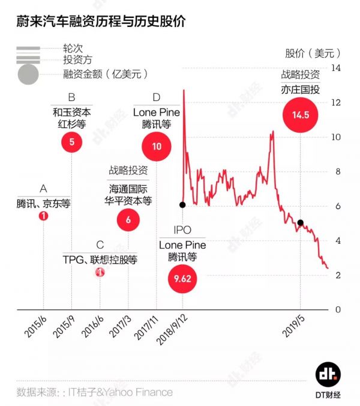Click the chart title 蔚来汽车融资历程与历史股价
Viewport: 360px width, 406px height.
(96, 22)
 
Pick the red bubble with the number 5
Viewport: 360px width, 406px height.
(71, 142)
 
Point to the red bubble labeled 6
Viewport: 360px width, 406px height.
(128, 220)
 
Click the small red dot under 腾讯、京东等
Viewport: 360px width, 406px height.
(43, 216)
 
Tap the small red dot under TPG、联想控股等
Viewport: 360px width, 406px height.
(100, 272)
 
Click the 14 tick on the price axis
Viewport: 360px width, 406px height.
(337, 68)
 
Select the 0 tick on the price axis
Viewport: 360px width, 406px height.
(337, 309)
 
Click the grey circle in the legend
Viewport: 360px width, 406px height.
(28, 75)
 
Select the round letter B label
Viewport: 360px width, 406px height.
(71, 97)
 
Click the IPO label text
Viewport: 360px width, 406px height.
(182, 231)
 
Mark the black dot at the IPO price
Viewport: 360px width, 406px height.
(182, 205)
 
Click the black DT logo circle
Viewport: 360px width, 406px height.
(328, 374)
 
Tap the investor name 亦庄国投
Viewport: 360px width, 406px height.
(300, 89)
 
